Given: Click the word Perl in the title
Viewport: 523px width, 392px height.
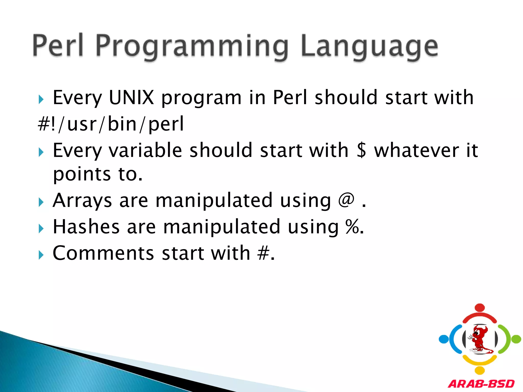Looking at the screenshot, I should pos(58,45).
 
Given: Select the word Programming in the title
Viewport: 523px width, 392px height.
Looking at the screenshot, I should pos(192,46).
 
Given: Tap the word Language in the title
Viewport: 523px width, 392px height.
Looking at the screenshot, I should pos(369,46).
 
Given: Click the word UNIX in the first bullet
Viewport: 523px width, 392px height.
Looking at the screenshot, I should pos(131,97).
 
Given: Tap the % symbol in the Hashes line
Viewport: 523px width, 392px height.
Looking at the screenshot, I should pos(353,226).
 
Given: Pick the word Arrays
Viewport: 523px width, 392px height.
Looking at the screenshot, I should pos(82,201).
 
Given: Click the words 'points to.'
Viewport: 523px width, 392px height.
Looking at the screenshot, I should pos(98,174).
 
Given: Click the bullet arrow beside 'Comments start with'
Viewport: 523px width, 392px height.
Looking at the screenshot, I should pos(41,255).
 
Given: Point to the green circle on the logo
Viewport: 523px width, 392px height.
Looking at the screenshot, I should pos(516,339).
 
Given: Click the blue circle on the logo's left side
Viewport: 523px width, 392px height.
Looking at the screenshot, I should pos(444,339).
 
